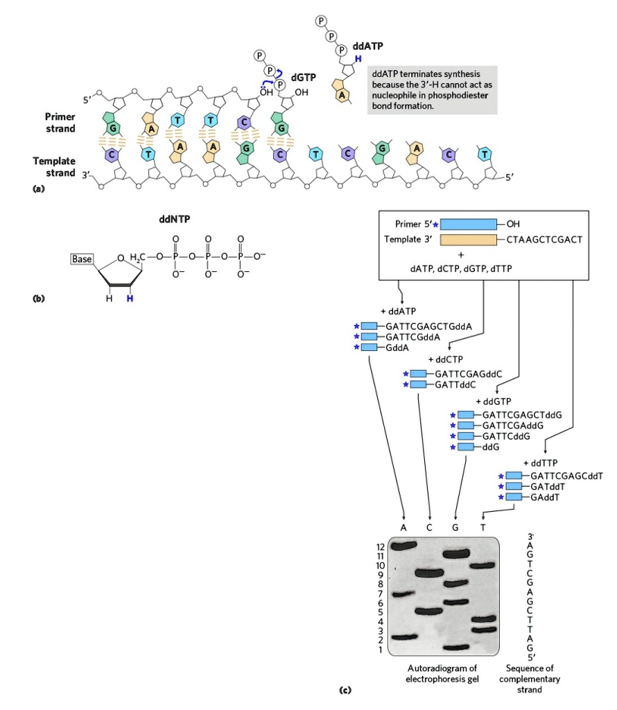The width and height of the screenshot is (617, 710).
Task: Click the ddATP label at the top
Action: pos(367,46)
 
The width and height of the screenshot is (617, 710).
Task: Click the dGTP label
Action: pos(304,78)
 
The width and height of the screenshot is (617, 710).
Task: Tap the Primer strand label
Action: pos(60,123)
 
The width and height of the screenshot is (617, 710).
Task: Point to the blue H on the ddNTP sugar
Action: pos(129,299)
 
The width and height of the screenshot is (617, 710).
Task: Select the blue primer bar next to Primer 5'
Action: pos(468,224)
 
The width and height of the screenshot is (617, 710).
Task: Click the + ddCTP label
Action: pos(445,360)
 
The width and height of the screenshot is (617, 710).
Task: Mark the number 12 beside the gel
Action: pos(379,547)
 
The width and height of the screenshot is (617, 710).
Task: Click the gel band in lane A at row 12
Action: pos(403,546)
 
